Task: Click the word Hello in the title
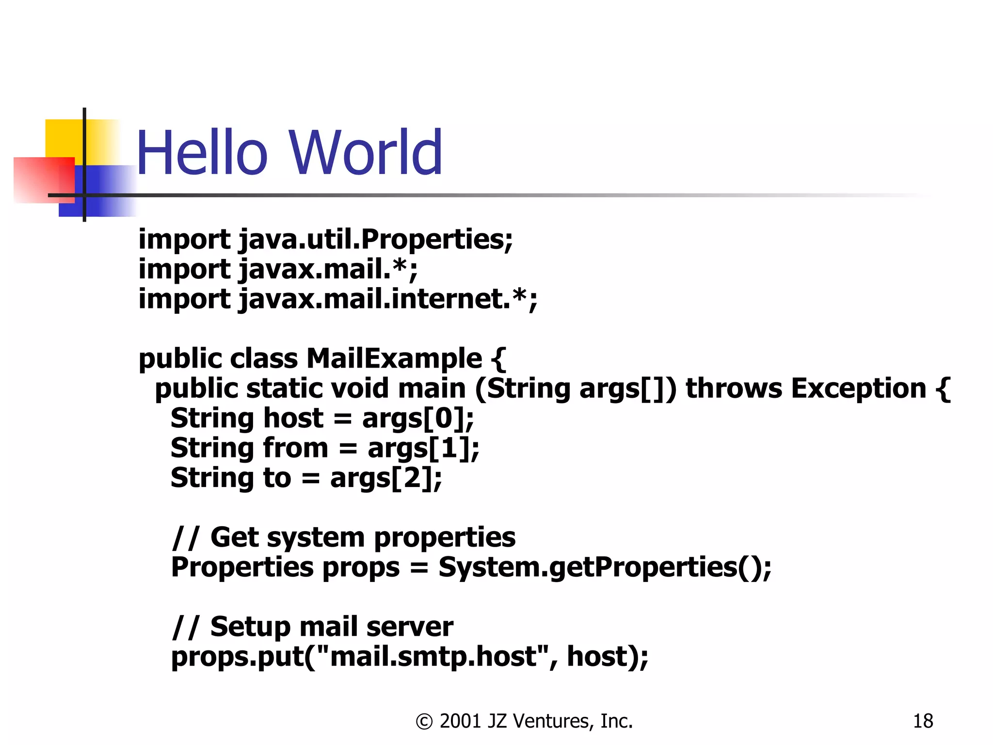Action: point(202,153)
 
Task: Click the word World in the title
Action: point(367,153)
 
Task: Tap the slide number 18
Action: point(923,721)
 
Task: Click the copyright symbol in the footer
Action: point(424,722)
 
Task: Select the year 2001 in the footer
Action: point(461,721)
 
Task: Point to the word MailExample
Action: point(394,359)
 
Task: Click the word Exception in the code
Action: point(858,389)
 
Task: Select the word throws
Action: point(734,389)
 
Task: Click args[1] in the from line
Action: point(422,449)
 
